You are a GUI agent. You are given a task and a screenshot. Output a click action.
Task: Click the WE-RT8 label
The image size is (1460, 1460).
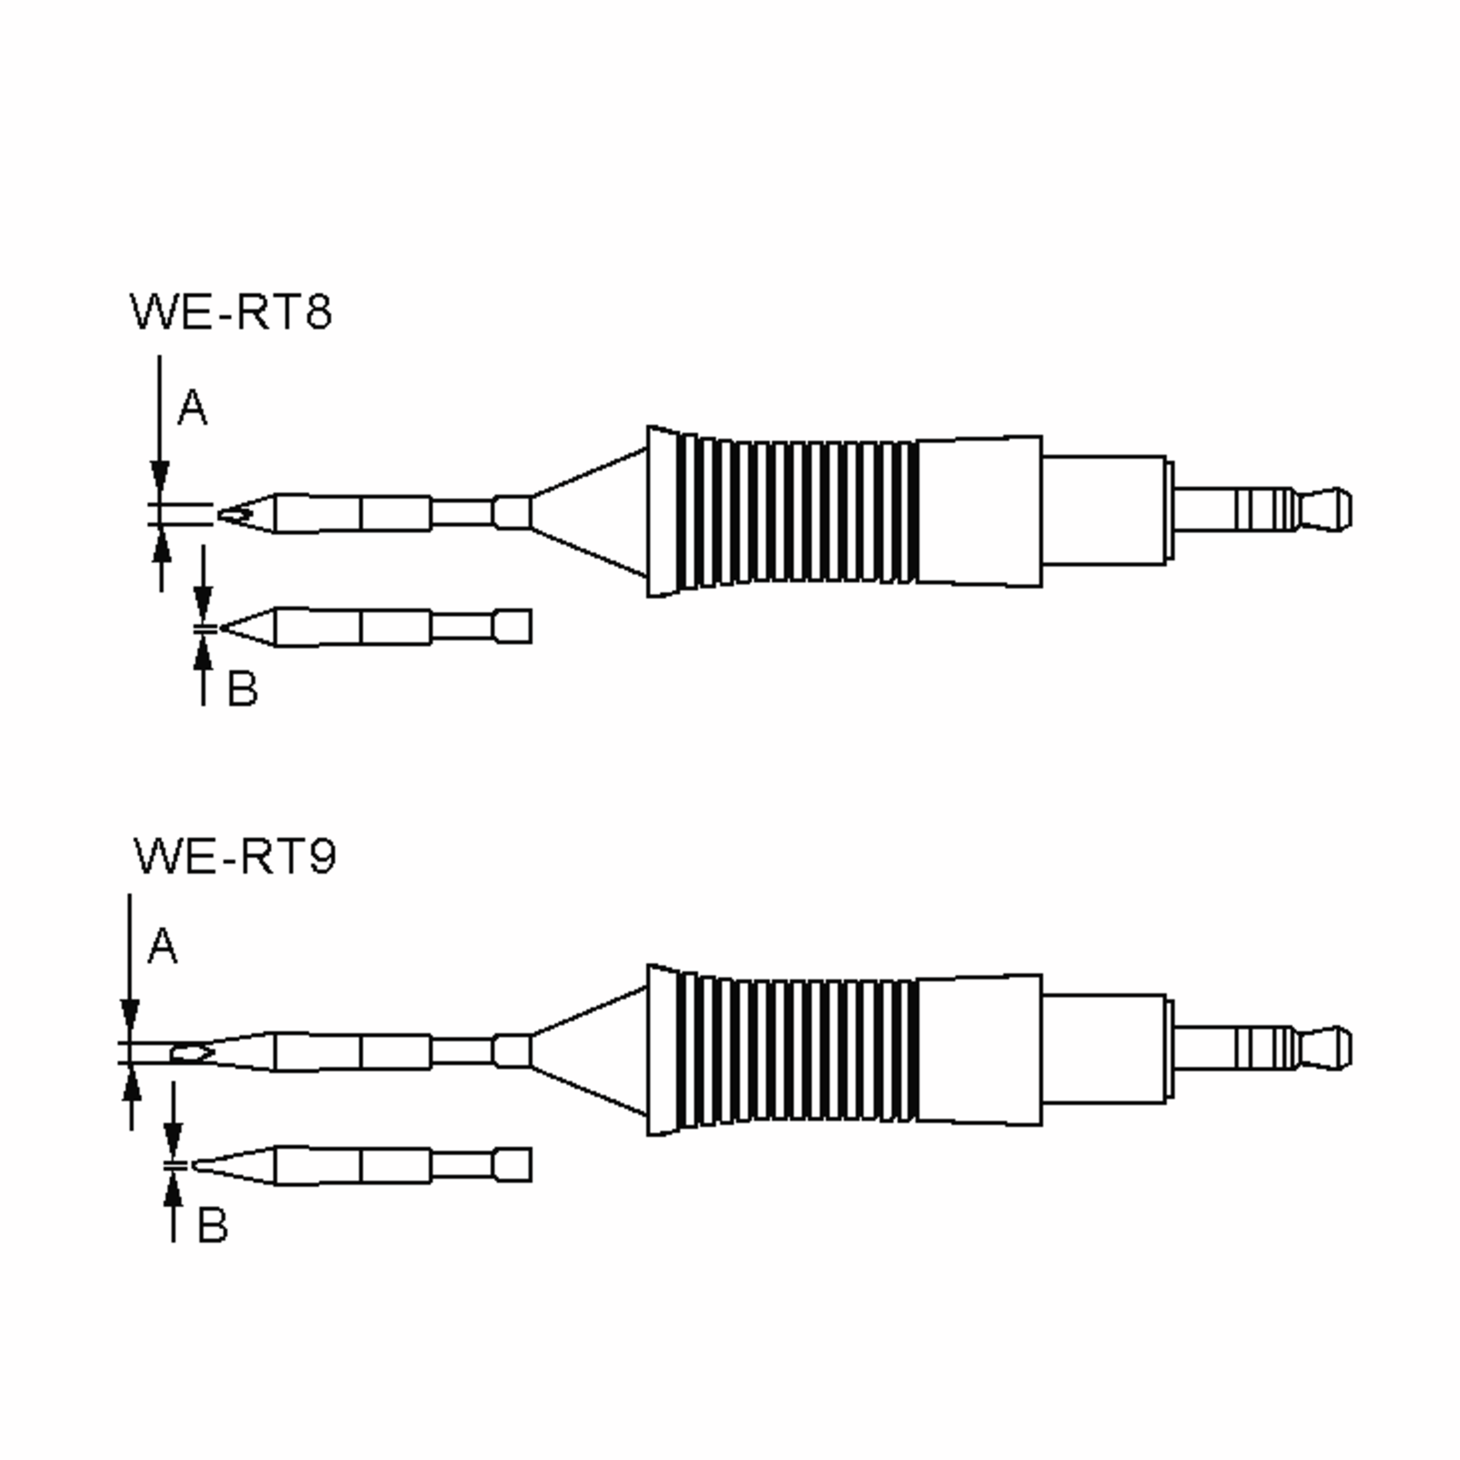click(x=231, y=311)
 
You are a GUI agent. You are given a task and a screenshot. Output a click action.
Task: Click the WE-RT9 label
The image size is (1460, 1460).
click(x=234, y=855)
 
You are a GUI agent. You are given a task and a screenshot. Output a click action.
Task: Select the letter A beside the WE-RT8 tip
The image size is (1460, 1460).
click(x=192, y=408)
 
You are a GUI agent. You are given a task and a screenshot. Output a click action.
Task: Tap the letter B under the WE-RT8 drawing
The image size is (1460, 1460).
click(x=242, y=689)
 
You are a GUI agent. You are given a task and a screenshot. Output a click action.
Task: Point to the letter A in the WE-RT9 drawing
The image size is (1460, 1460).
click(x=162, y=947)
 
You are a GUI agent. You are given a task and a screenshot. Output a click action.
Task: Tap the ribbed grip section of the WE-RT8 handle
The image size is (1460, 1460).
click(x=801, y=512)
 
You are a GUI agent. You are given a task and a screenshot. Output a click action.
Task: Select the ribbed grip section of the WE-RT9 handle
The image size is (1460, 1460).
click(x=801, y=1051)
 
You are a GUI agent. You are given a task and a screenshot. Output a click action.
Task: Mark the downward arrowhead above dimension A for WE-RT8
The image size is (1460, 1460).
click(x=159, y=478)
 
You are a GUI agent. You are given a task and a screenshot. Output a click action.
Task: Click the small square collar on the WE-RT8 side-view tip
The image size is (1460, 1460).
click(x=512, y=627)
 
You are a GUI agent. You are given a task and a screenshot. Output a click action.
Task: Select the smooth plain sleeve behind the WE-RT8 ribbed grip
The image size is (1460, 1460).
click(x=979, y=511)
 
